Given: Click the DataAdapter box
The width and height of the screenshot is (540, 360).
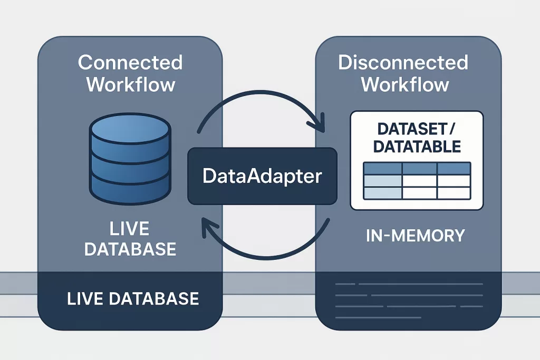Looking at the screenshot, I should [x=262, y=176].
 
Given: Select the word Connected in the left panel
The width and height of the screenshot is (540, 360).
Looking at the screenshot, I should [x=130, y=63].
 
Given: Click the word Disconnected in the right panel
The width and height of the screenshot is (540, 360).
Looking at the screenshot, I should [x=403, y=63].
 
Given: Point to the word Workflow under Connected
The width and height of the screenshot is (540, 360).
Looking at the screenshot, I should [x=130, y=84].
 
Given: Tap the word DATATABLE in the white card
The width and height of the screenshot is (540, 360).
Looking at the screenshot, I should [x=417, y=146].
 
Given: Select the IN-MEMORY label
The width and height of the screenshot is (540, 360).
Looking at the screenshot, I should [x=416, y=236].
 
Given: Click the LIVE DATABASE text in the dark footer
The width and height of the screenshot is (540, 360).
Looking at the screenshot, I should [x=133, y=299].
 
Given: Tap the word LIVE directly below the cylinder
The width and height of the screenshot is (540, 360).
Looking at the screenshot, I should [x=130, y=229].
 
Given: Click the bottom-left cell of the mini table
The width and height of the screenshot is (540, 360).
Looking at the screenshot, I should [x=383, y=194].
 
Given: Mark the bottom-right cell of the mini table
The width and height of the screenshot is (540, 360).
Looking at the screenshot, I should [x=454, y=194].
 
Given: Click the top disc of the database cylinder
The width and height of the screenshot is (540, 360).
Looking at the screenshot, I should [x=130, y=127].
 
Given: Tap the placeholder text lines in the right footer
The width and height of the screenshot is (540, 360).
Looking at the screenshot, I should [x=409, y=300].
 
